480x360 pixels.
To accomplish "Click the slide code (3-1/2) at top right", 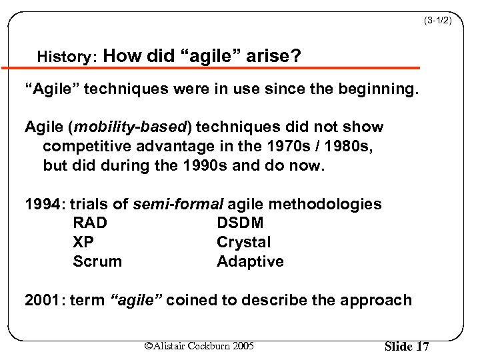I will [x=437, y=21].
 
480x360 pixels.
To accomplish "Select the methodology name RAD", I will [x=90, y=223].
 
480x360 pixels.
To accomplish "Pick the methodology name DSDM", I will [x=240, y=223].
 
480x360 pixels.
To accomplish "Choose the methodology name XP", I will [x=83, y=242].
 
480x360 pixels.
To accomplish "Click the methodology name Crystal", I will [x=243, y=242].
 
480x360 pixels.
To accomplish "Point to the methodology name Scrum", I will [x=97, y=261].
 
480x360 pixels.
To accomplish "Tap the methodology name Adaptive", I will [x=250, y=261].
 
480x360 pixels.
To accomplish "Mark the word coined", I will [x=190, y=300].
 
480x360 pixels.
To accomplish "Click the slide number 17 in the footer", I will [x=421, y=347].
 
